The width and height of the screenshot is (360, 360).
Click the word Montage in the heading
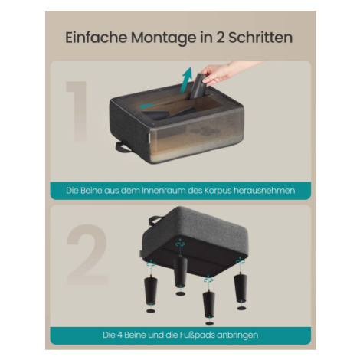(164, 38)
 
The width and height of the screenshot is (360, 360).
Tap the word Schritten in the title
(260, 38)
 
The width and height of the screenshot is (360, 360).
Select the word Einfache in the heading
(97, 38)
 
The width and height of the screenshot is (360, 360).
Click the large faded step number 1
(77, 111)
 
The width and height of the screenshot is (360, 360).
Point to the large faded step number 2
(87, 254)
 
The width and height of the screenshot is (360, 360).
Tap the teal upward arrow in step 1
(186, 80)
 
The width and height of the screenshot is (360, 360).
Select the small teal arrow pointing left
(146, 106)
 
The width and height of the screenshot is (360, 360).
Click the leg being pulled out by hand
(198, 87)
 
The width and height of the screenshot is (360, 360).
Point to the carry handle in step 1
(123, 147)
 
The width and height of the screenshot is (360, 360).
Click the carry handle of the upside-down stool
(155, 220)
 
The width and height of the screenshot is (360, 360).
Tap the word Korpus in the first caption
(218, 191)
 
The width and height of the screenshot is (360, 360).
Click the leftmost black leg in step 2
(151, 290)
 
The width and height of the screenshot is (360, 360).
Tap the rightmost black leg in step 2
(241, 288)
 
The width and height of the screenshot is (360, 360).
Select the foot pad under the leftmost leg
(151, 311)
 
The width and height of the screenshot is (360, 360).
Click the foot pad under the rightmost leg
(241, 308)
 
